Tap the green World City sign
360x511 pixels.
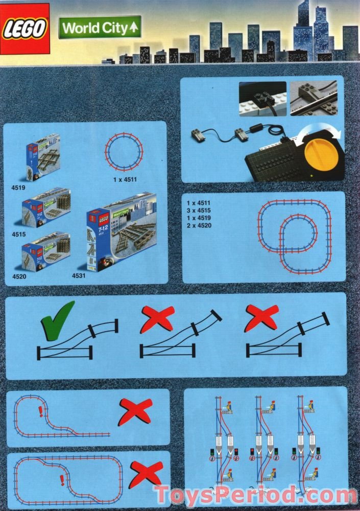coord(100,28)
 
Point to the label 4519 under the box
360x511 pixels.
coord(18,188)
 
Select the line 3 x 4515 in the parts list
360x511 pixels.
coord(199,210)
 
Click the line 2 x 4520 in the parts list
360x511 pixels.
coord(199,225)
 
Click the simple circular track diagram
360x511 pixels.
coord(124,152)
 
